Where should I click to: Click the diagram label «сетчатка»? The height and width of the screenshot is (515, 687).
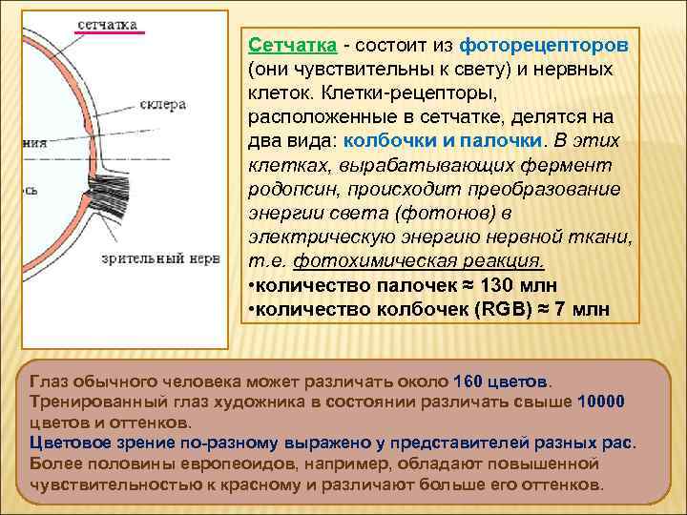pyautogui.click(x=106, y=23)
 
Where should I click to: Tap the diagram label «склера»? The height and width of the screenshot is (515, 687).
pyautogui.click(x=161, y=105)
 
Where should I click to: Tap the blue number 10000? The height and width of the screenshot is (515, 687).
pyautogui.click(x=601, y=401)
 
